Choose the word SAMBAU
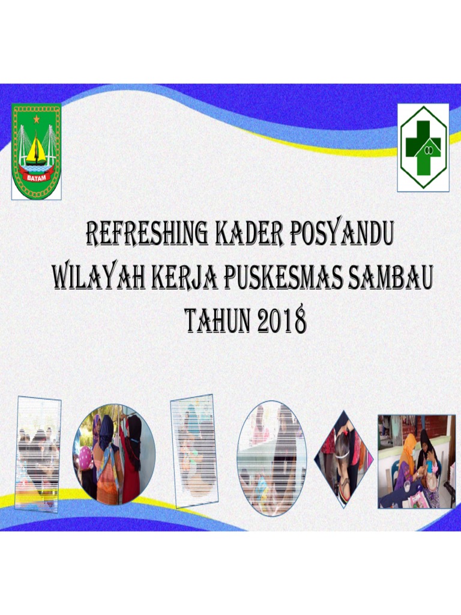pyautogui.click(x=388, y=278)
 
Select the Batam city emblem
pyautogui.click(x=36, y=151)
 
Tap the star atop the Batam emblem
pyautogui.click(x=36, y=119)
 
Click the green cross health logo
pyautogui.click(x=423, y=148)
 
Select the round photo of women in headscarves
pyautogui.click(x=114, y=453)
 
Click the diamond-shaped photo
pyautogui.click(x=344, y=459)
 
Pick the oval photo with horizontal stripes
pyautogui.click(x=272, y=458)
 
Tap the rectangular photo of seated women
pyautogui.click(x=416, y=461)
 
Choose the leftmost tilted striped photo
pyautogui.click(x=38, y=454)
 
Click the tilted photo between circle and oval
pyautogui.click(x=194, y=451)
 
